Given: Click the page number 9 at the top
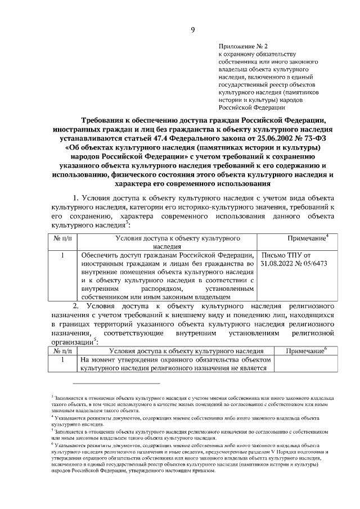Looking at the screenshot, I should click(192, 30).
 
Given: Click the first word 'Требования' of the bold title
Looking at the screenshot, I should click(103, 120).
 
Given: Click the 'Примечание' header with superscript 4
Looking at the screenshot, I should click(306, 239).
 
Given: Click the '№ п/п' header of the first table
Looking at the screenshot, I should click(63, 239).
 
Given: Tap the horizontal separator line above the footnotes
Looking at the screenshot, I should click(105, 383).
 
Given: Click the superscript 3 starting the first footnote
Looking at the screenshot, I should click(52, 397).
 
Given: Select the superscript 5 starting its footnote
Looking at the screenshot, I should click(52, 430).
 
